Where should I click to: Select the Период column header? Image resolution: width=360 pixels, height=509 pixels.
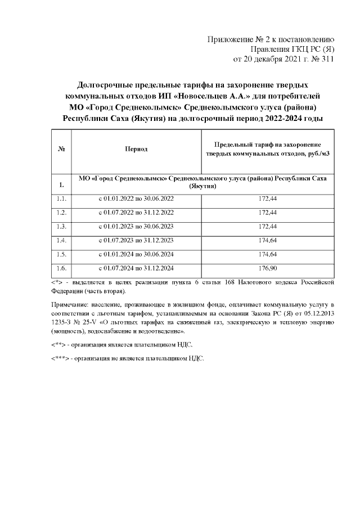click(136, 149)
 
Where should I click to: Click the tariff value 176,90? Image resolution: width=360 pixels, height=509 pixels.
click(267, 268)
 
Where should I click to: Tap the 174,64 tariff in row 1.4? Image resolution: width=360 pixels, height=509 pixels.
click(267, 240)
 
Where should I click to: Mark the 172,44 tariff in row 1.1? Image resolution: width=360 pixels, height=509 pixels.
click(267, 199)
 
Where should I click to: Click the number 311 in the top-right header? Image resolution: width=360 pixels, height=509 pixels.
click(326, 58)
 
